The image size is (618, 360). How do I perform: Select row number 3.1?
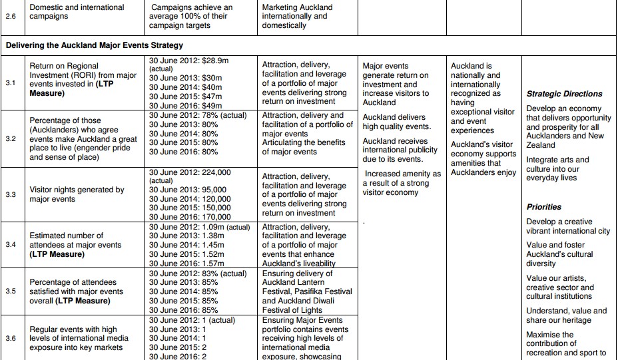10,84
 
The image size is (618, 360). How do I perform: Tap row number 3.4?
10,244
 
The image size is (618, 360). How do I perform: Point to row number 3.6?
10,338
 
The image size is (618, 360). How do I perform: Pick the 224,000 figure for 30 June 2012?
212,172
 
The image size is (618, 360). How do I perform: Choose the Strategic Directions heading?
564,94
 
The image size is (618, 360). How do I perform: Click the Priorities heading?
543,207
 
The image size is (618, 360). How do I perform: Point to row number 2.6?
10,16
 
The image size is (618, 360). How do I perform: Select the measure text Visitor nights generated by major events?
77,194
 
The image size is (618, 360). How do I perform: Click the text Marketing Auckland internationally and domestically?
297,17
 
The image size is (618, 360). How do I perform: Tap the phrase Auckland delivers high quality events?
394,122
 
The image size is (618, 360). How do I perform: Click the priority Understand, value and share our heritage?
566,315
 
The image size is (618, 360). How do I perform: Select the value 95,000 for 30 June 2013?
214,190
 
